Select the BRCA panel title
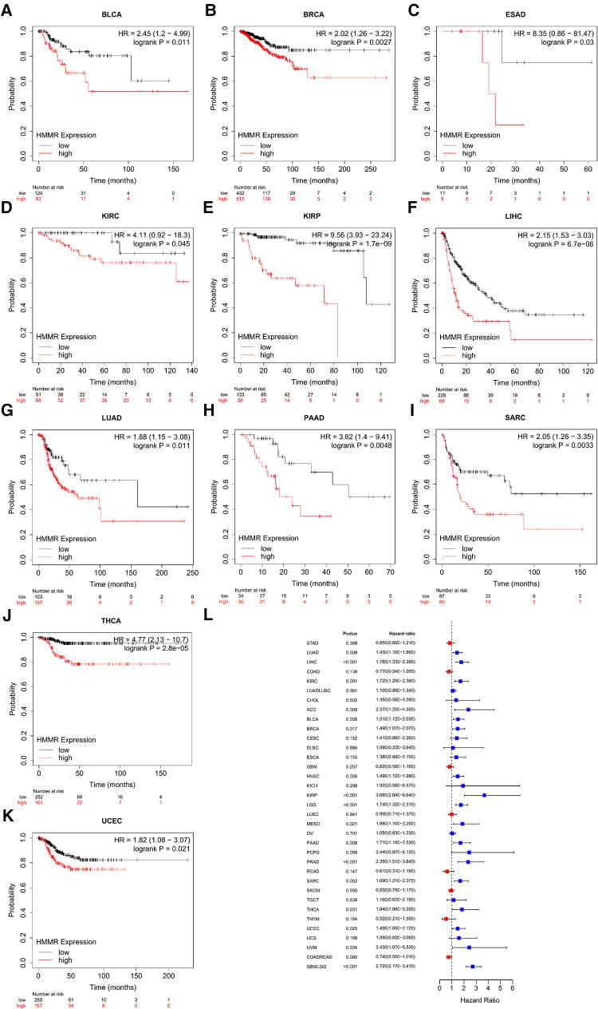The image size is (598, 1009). [x=298, y=16]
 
